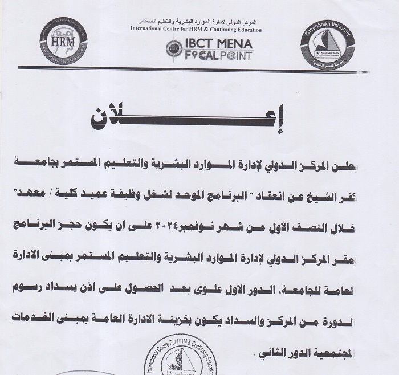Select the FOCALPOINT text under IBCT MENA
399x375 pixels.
tap(216, 55)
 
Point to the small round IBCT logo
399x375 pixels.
tap(173, 50)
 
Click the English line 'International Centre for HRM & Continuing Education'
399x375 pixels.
tap(196, 29)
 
